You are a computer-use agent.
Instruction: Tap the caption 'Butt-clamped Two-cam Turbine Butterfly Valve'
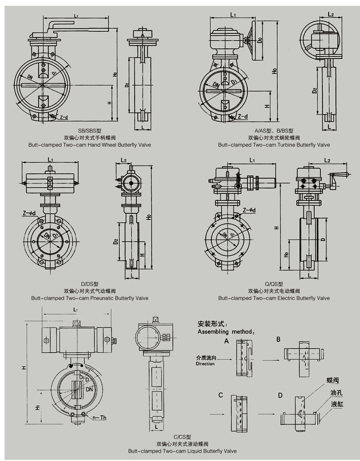274,145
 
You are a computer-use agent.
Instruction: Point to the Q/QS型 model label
274,284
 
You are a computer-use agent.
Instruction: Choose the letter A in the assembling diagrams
226,341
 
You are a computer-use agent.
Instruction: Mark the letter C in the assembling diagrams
220,395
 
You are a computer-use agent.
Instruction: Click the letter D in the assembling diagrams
280,395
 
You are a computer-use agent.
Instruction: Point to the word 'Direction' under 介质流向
205,364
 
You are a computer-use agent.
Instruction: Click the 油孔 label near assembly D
336,392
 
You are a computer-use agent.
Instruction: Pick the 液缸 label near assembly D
336,403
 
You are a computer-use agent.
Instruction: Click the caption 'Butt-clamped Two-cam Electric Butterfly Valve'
274,298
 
